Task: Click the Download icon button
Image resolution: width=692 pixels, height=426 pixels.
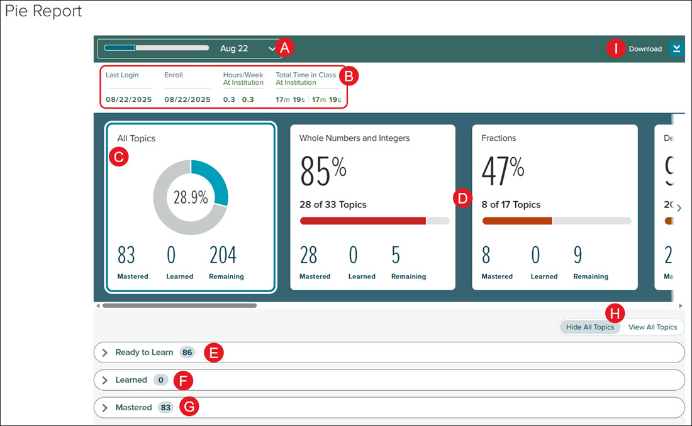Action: (x=676, y=48)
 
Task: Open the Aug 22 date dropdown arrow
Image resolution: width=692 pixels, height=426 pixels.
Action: (x=271, y=48)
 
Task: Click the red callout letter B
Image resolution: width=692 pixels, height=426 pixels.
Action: (x=349, y=76)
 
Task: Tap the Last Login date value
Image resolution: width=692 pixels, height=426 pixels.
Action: (x=128, y=99)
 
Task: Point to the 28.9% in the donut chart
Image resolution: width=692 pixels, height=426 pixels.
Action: (x=191, y=197)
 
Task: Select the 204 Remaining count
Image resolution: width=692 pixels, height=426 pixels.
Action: (x=223, y=255)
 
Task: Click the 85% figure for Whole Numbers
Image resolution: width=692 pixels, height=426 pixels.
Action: (x=323, y=171)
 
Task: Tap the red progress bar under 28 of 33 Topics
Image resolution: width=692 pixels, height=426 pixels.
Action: (x=363, y=221)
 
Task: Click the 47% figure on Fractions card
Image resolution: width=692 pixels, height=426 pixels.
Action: (x=503, y=171)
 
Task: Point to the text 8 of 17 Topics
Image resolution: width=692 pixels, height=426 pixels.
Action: (x=511, y=205)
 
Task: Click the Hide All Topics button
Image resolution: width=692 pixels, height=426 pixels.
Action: (x=590, y=327)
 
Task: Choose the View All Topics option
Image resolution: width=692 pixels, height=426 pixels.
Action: (x=652, y=327)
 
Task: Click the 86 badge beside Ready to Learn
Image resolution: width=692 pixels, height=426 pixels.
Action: (x=187, y=352)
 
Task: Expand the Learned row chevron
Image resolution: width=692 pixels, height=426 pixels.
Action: (x=104, y=380)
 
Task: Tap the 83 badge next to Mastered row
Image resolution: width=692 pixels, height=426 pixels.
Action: (x=165, y=408)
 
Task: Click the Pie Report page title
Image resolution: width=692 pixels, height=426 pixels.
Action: (x=43, y=11)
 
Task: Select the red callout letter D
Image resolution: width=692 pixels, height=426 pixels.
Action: (x=462, y=199)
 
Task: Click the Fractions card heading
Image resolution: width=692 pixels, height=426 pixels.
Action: (x=499, y=138)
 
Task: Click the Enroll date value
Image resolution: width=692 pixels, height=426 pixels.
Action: (x=187, y=99)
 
